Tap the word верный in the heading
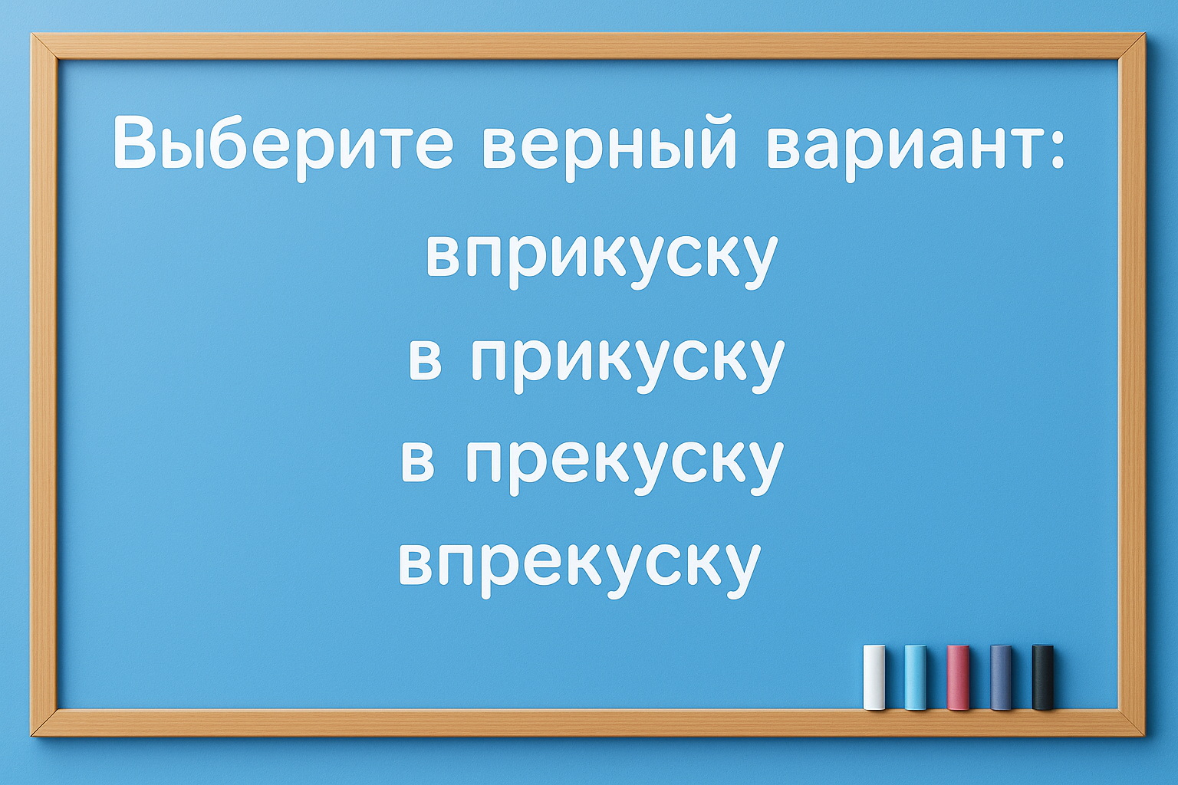coord(610,146)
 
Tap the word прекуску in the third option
coord(624,462)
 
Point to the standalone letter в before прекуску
coord(418,462)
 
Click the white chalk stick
coord(874,677)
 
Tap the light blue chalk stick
coord(916,677)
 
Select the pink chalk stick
coord(958,677)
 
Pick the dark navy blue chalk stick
coord(1000,677)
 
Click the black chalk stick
coord(1042,677)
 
